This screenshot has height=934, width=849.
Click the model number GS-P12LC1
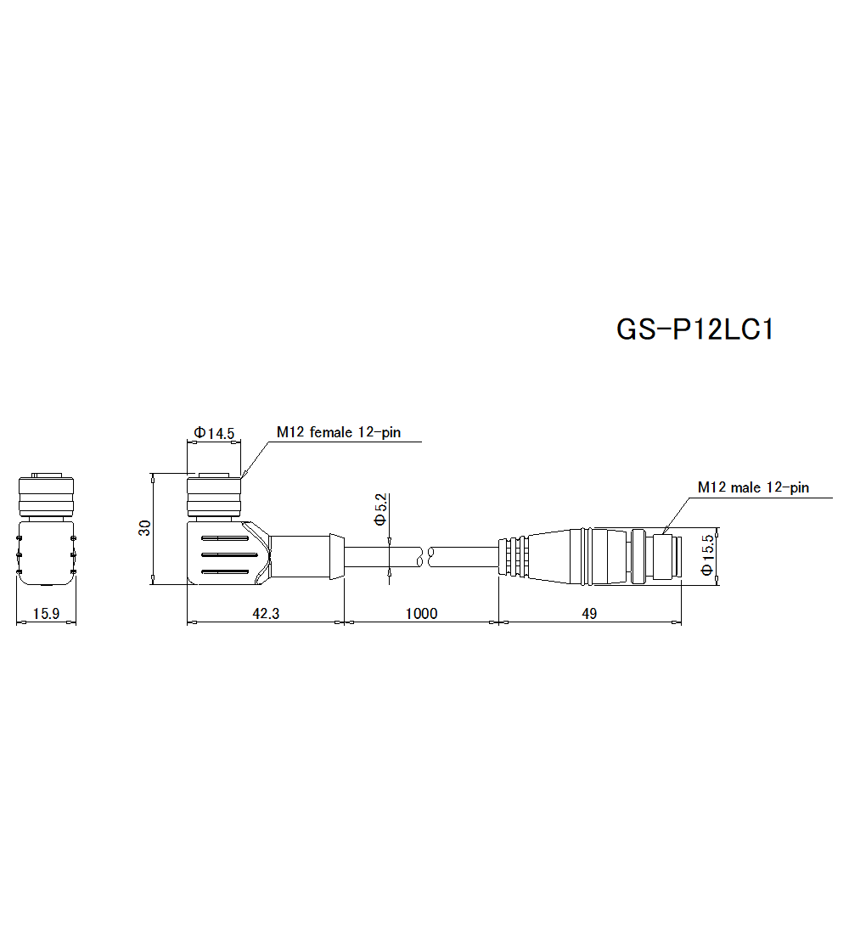coord(694,329)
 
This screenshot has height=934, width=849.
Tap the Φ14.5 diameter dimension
coord(214,433)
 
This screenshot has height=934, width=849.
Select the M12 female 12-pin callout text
coord(338,433)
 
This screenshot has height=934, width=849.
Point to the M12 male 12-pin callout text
coord(753,487)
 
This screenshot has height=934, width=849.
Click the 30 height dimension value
coord(145,528)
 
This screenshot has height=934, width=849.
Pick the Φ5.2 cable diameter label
coord(380,508)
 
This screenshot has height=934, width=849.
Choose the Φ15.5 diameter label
coord(706,556)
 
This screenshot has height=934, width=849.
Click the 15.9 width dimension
coord(46,614)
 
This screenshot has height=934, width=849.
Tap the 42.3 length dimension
coord(265,614)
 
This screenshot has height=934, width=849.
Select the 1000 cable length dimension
coord(421,614)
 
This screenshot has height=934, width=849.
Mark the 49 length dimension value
coord(589,614)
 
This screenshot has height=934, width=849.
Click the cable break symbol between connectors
coord(427,557)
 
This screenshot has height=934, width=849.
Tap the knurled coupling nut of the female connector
coord(214,500)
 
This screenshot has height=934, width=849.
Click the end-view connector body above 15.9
coord(46,552)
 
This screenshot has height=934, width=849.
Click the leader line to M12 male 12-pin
coord(675,513)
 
